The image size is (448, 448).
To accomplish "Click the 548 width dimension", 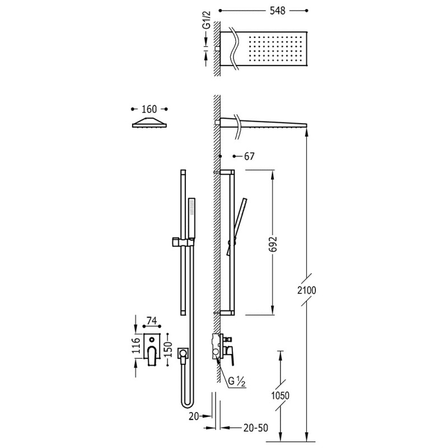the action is point(277,11).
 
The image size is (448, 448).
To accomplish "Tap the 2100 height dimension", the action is point(307,290).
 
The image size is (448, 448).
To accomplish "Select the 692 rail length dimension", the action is point(273,244).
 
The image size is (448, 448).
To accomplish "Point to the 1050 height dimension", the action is point(281,395).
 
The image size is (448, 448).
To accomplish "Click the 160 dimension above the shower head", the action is point(149,109).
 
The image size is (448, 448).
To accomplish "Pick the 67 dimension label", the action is point(249,156).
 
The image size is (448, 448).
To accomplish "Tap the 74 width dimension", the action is point(152,321).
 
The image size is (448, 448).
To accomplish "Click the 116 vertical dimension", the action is point(136,345).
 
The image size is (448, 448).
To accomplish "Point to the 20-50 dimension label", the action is point(256,428).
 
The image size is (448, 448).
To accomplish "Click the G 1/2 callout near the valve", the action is point(237,382).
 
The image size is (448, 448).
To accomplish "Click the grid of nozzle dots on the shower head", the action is point(276,49).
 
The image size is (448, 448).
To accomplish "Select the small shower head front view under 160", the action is point(150,122).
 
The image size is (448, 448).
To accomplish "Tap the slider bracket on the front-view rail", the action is point(183,242).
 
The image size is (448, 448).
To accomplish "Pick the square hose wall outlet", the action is point(183,354).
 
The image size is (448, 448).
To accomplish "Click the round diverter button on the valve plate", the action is point(152,340).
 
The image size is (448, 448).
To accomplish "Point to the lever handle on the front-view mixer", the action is point(152,356).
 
